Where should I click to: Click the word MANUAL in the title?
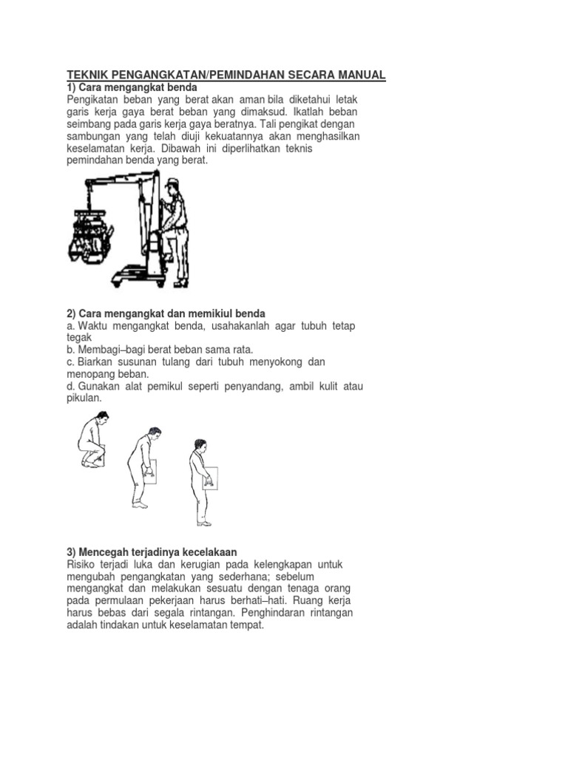360,75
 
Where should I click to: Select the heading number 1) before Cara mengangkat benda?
72,87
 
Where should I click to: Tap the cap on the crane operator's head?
172,181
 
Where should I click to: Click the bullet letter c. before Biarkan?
71,362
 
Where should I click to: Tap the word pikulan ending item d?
84,398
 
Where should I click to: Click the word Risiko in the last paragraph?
82,564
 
